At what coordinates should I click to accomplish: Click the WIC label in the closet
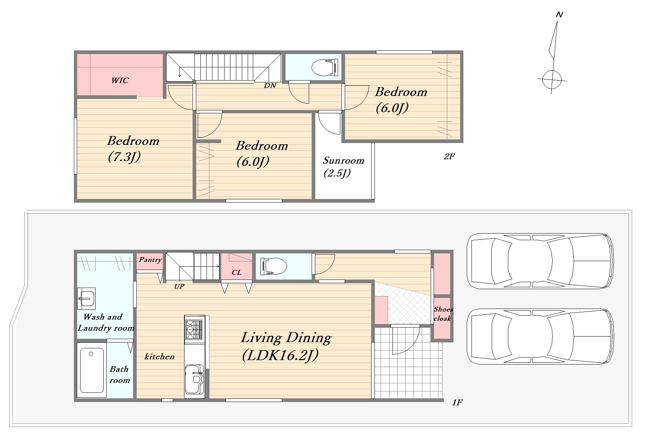tap(120, 80)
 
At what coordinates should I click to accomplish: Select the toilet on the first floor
tap(273, 266)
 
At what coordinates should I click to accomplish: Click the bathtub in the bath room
tap(92, 370)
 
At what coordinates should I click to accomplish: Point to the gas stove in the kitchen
tap(194, 329)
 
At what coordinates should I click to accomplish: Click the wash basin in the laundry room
tap(86, 298)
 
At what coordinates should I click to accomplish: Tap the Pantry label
tap(150, 260)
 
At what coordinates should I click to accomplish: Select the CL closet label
tap(237, 273)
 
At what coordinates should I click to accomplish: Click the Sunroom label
tap(344, 161)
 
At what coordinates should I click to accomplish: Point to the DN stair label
tap(270, 85)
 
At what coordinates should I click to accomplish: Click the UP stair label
tap(179, 286)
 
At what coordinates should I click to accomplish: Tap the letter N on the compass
tap(560, 15)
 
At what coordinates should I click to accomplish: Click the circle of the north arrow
tap(552, 79)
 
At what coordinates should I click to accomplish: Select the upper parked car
tap(540, 261)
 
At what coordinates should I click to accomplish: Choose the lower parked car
tap(540, 336)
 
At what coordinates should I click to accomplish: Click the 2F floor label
tap(449, 156)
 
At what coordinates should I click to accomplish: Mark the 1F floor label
tap(457, 402)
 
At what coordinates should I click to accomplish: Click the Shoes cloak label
tap(443, 314)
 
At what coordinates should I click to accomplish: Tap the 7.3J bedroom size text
tap(124, 157)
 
